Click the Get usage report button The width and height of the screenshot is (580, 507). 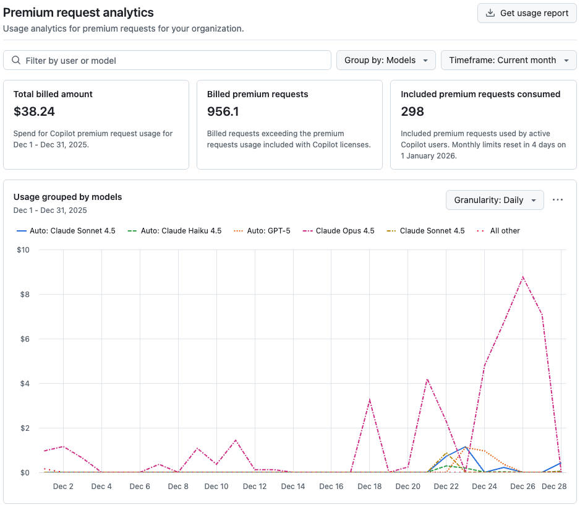click(527, 13)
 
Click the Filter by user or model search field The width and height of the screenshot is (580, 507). click(167, 60)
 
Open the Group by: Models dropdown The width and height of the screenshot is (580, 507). click(386, 60)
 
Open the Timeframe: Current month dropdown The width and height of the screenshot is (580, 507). click(508, 60)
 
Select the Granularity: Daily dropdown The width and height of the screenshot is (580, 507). click(495, 200)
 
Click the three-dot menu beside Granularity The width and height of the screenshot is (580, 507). click(558, 200)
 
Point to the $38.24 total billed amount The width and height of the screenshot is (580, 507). click(34, 111)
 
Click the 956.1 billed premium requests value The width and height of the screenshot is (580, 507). click(223, 111)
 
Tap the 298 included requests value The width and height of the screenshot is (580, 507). click(412, 111)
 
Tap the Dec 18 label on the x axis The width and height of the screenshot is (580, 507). click(369, 487)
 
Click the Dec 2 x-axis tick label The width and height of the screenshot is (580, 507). click(63, 487)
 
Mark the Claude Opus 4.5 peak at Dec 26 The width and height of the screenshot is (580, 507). click(523, 277)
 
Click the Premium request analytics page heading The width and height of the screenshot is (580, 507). click(79, 12)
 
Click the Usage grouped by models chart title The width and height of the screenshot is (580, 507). click(68, 197)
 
